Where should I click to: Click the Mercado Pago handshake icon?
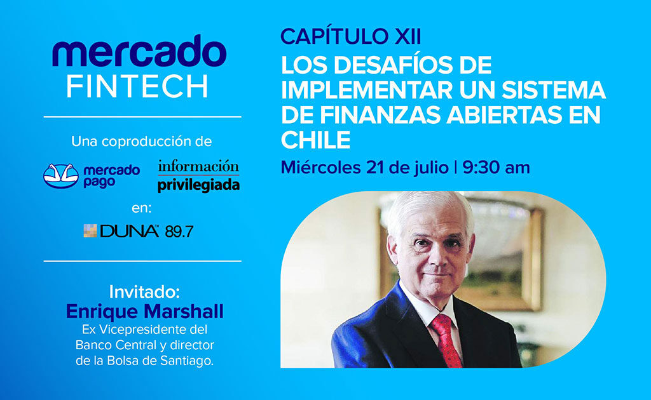point(61,175)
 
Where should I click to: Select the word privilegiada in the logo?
point(199,185)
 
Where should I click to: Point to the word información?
point(199,166)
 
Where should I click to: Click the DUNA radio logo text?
point(129,232)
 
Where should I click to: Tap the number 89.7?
point(179,232)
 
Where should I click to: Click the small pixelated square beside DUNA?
point(90,231)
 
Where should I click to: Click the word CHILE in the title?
point(316,140)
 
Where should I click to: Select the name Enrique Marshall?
point(145,311)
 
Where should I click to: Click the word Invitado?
point(145,292)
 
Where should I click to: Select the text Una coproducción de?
point(142,140)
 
